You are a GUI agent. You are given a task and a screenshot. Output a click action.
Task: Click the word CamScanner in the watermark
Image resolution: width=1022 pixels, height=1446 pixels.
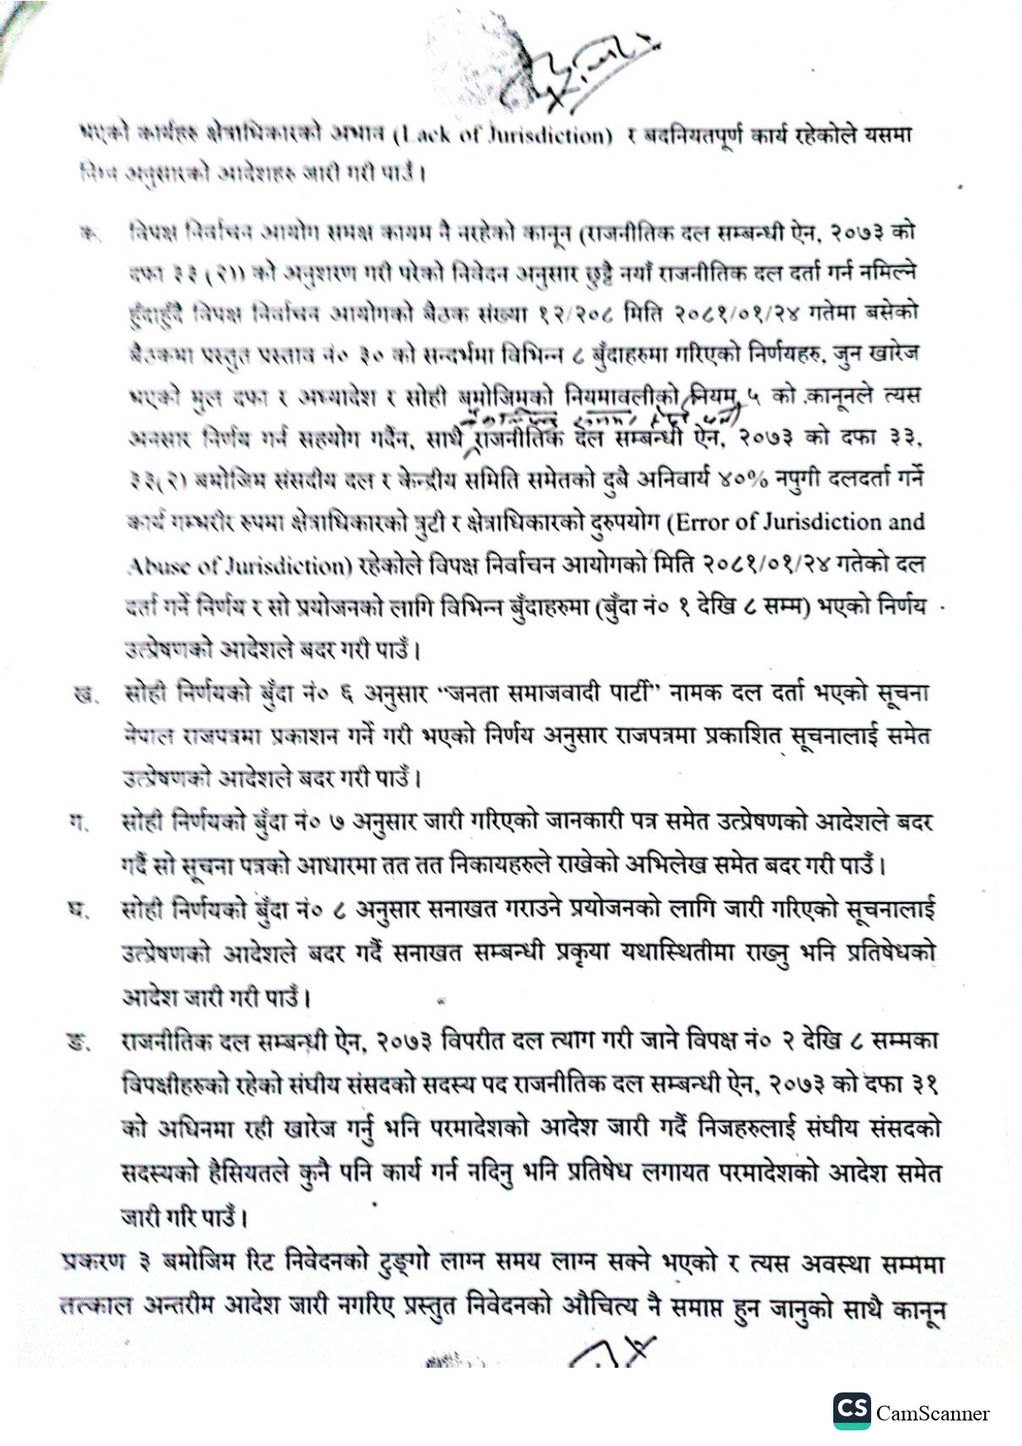(932, 1414)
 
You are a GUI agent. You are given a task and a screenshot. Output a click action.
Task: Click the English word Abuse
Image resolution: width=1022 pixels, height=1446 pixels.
(152, 566)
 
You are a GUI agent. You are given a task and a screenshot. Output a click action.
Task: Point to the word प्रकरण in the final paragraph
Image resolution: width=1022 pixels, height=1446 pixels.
(91, 1262)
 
